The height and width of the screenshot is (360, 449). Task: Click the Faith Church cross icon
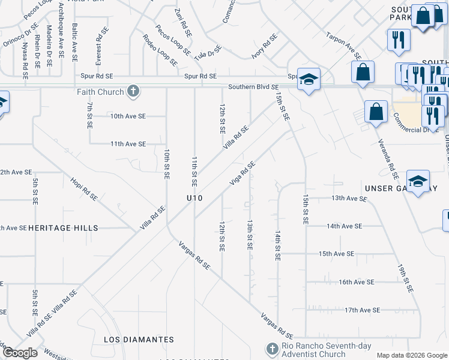[133, 92]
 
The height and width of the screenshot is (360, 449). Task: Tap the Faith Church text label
[100, 92]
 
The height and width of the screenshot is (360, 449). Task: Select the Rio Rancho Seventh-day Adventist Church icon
[271, 349]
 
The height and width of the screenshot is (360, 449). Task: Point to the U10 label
[194, 197]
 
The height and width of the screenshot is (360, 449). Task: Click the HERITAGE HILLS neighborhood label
[63, 228]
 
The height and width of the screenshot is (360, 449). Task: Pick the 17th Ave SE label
[362, 310]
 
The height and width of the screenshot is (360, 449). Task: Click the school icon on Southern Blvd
[309, 79]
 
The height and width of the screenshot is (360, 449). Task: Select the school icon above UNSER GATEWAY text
[418, 180]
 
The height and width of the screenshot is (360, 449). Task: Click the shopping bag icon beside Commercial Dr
[376, 112]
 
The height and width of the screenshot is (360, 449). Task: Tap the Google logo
[21, 353]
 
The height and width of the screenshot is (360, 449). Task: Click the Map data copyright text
[411, 355]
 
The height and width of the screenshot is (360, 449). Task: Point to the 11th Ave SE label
[128, 144]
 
